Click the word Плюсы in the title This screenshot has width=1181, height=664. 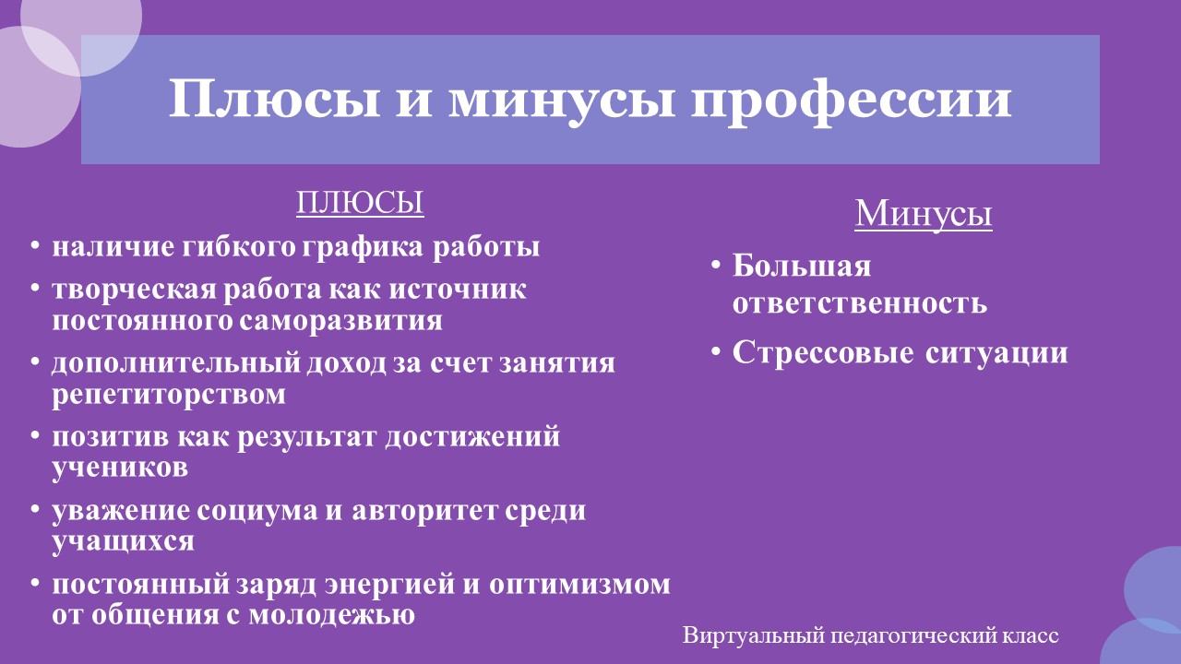(x=274, y=99)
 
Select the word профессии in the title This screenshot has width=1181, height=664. (x=851, y=101)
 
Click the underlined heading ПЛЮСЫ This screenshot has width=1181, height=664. (x=360, y=202)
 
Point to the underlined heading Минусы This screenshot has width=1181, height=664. (x=924, y=213)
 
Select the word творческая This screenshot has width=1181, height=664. (x=134, y=290)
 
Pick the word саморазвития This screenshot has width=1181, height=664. (x=340, y=320)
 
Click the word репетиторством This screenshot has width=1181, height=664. (x=169, y=395)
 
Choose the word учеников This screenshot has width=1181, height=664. (x=120, y=467)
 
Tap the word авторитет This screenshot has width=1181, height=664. (x=423, y=510)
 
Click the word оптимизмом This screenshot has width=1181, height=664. (x=579, y=584)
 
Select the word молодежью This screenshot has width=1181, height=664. (x=331, y=614)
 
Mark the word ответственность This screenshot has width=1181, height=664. (x=860, y=303)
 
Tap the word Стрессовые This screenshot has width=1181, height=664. (x=823, y=352)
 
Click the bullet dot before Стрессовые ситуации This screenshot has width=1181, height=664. (x=715, y=351)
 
